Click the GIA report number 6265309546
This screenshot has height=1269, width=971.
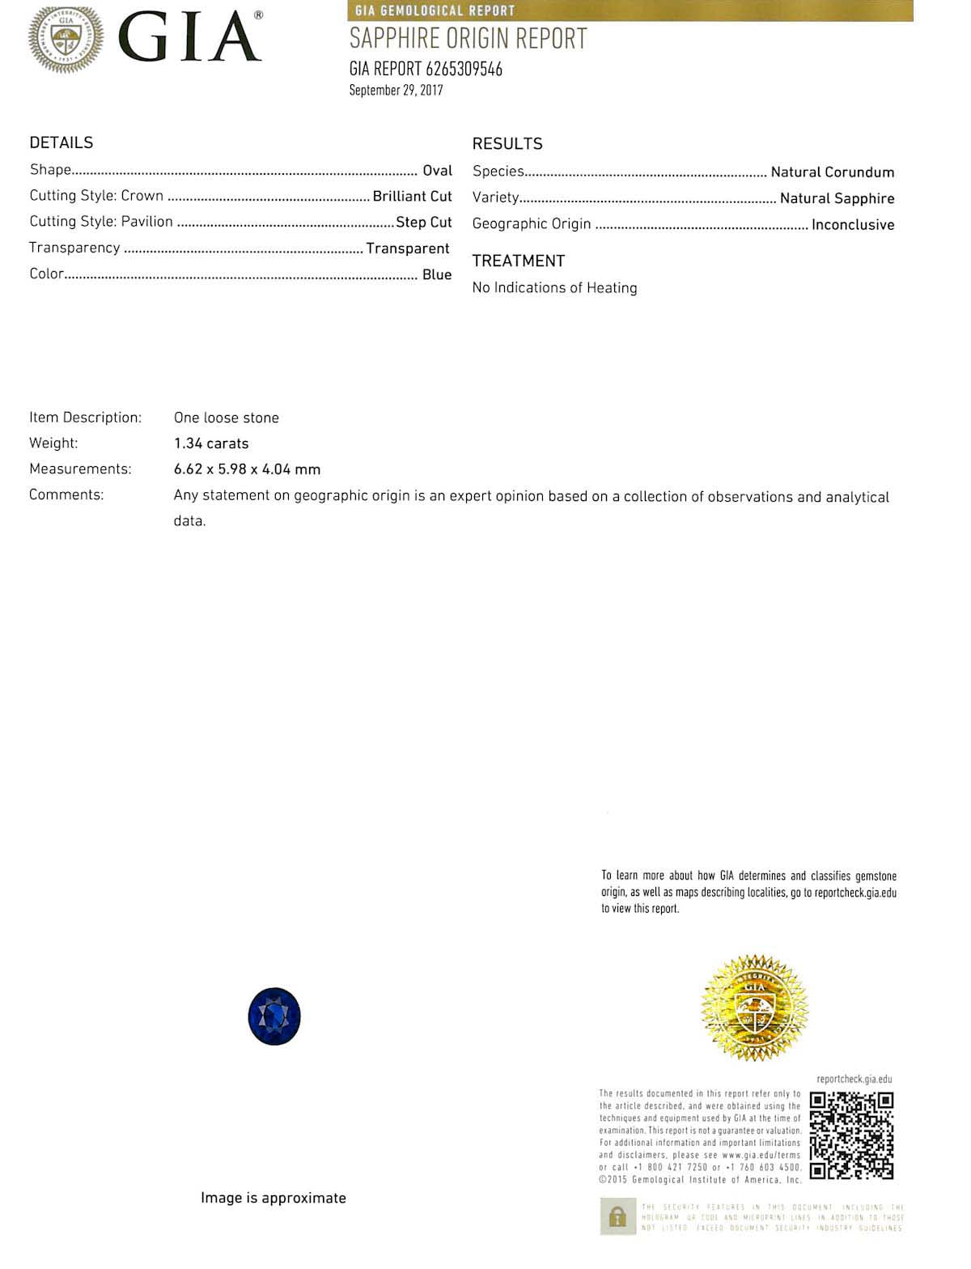click(464, 69)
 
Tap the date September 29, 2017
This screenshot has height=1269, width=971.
click(396, 90)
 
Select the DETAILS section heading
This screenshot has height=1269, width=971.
click(61, 142)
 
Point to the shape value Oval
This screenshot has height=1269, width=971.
click(437, 170)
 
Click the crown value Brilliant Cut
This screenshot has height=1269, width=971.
click(412, 196)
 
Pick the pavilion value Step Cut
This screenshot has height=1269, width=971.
click(423, 222)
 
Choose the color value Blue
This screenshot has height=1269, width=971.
click(437, 274)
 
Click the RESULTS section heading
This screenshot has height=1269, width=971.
click(507, 144)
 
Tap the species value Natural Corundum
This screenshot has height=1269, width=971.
click(832, 172)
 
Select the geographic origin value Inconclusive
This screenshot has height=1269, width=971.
click(853, 224)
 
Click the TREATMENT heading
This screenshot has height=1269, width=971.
click(518, 261)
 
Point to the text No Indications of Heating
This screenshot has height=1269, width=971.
click(554, 287)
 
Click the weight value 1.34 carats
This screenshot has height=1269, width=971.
click(211, 444)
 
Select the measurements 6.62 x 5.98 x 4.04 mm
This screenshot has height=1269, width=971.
click(247, 469)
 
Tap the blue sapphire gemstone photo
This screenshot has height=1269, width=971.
click(274, 1016)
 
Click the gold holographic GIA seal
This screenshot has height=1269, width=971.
click(754, 1008)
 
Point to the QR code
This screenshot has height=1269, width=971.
click(851, 1135)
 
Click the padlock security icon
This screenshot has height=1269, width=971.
click(617, 1217)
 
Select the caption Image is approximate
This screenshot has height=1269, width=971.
click(273, 1198)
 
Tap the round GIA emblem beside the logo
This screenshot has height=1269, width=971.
click(66, 38)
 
